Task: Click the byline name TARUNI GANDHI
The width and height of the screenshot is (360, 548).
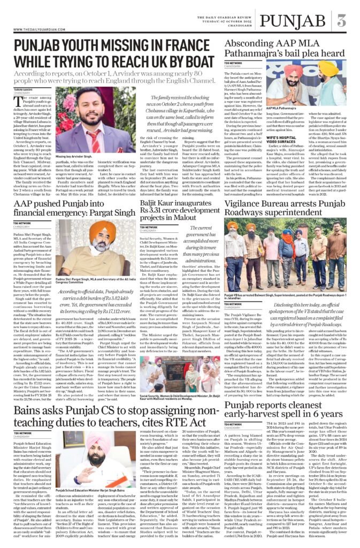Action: (x=24, y=90)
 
